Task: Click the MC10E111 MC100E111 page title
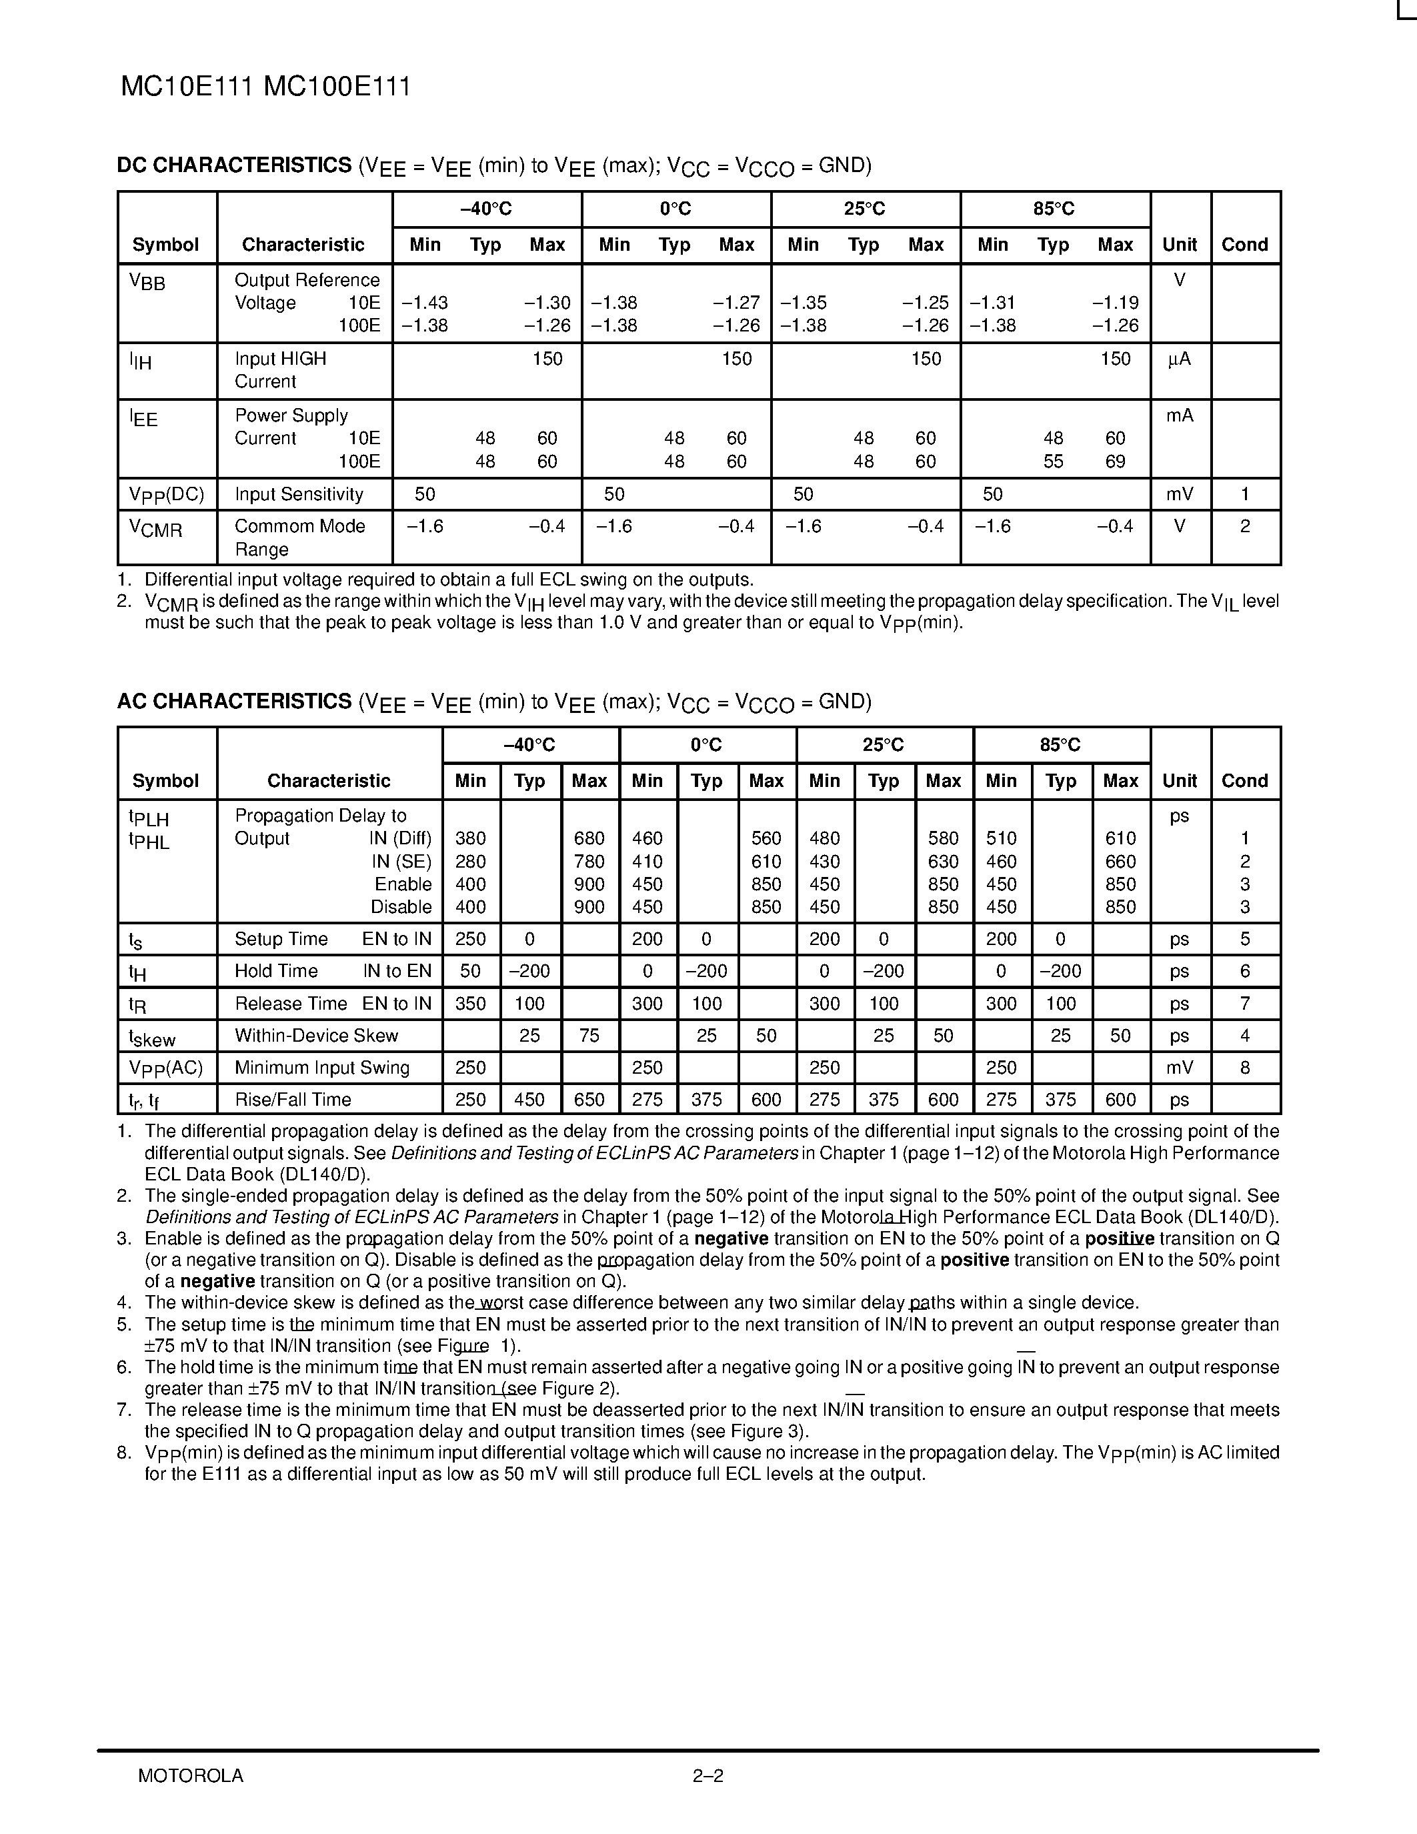click(265, 87)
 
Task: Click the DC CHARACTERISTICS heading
click(234, 165)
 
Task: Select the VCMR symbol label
click(155, 528)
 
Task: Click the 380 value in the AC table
click(470, 838)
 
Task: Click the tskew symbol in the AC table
click(152, 1037)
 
